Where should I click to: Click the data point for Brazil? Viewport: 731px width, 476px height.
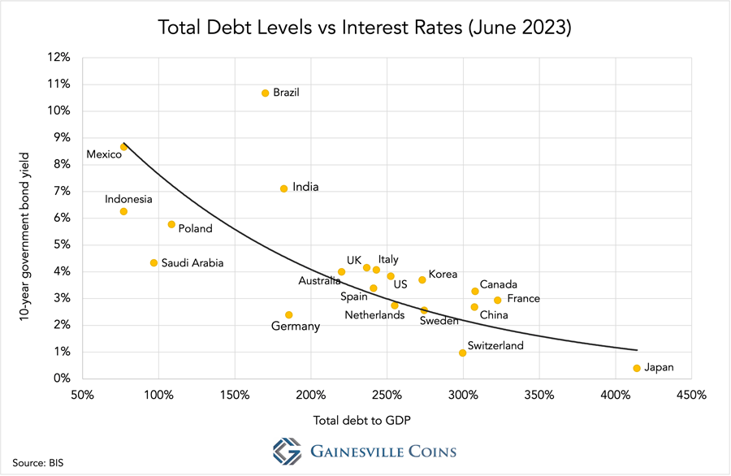(265, 93)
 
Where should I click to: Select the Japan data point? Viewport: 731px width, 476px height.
(637, 368)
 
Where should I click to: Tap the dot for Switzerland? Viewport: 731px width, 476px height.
(463, 353)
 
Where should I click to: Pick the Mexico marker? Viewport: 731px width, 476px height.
(123, 147)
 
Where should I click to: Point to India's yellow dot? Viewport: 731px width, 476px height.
(283, 188)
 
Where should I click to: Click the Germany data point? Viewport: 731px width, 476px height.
(288, 315)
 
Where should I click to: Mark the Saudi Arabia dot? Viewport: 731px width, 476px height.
(154, 262)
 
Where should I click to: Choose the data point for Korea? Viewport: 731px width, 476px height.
(422, 280)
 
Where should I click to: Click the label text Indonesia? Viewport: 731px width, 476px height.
(128, 199)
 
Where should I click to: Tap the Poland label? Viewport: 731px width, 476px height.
(195, 228)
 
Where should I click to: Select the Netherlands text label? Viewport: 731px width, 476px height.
(374, 315)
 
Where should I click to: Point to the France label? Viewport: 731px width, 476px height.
(523, 299)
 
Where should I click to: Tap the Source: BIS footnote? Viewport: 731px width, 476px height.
(37, 463)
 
